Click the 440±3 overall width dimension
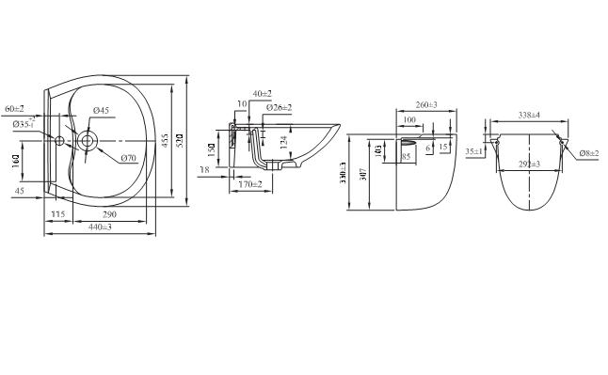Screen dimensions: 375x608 click(94, 227)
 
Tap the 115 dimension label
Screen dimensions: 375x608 click(57, 215)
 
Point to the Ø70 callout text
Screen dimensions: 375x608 click(129, 157)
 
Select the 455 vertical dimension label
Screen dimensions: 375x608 click(165, 141)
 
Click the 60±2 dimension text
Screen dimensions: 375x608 click(14, 110)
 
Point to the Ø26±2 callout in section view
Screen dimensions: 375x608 click(280, 107)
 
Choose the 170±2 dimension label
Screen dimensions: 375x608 click(249, 185)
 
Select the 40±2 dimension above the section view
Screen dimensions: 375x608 click(261, 94)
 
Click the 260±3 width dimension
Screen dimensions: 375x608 click(424, 104)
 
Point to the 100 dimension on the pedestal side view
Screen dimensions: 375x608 click(409, 119)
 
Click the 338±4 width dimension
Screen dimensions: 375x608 click(528, 115)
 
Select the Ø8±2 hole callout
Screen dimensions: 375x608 click(590, 152)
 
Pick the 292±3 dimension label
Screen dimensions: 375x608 click(528, 164)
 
